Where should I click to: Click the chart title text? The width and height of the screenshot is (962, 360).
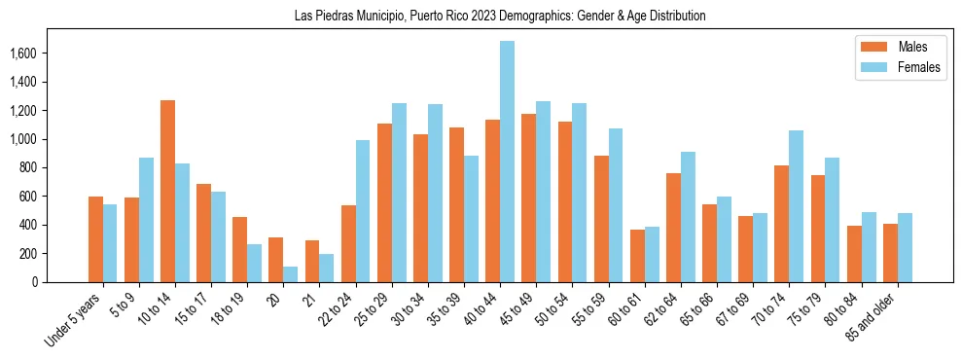point(500,17)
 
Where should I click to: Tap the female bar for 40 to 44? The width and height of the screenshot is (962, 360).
point(507,162)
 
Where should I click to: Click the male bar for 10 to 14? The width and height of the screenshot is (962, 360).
point(167,191)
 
